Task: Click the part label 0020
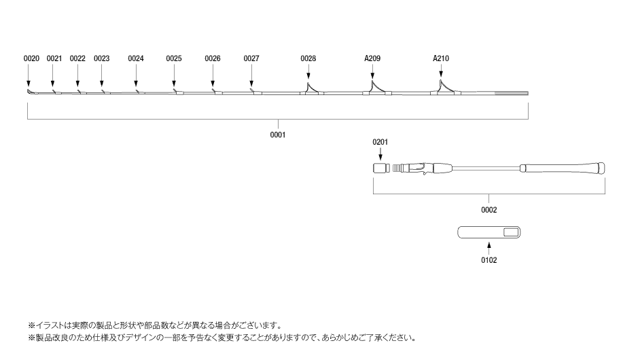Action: [32, 58]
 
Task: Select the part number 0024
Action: [136, 58]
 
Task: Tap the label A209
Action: [372, 58]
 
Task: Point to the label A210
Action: [441, 58]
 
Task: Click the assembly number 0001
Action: [278, 134]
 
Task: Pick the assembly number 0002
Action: [489, 211]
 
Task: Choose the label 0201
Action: [380, 142]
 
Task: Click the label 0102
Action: [489, 259]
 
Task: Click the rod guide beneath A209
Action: [373, 87]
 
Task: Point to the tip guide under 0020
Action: [29, 92]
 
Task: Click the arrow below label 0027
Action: [251, 76]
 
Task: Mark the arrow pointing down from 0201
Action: [380, 154]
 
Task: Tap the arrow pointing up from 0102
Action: [489, 249]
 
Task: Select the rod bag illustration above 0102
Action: [489, 233]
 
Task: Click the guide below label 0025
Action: [175, 90]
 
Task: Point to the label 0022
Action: [77, 58]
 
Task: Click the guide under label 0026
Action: [213, 90]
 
